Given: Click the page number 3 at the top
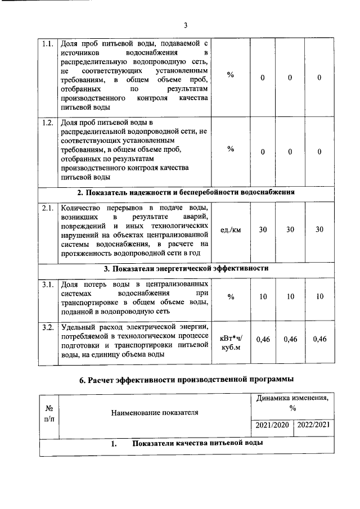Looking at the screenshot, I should pos(185,25).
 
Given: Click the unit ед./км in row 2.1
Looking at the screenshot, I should pos(231,230).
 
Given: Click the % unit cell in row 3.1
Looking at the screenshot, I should pos(231,297).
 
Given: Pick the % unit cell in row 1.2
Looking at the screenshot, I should pos(231,150).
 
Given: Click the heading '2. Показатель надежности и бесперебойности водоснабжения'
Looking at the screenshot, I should pos(186,193).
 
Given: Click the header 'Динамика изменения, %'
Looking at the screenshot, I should pos(292,403).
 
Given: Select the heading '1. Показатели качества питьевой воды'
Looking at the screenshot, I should pos(186,444).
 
